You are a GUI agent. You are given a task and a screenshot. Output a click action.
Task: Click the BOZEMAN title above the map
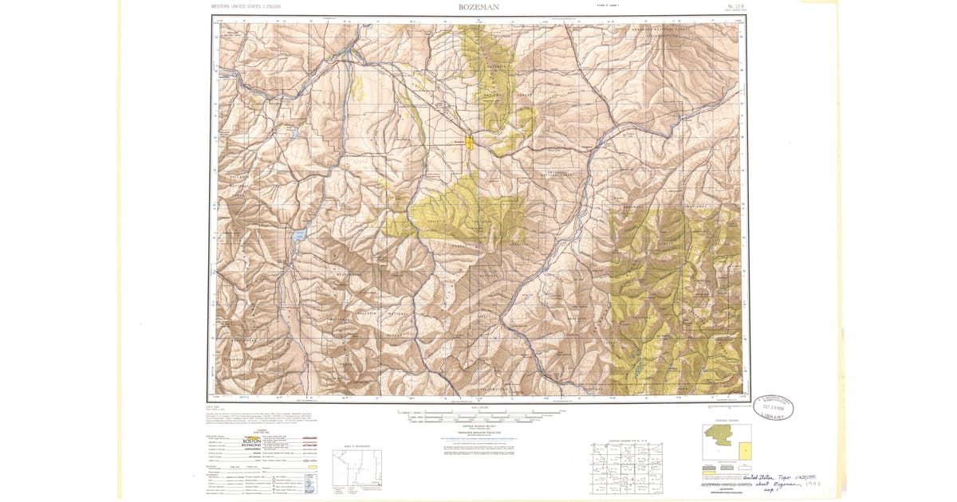pyautogui.click(x=478, y=7)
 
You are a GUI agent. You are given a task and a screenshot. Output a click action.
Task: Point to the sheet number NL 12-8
pyautogui.click(x=735, y=6)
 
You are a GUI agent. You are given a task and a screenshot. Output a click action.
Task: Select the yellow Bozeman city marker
pyautogui.click(x=470, y=143)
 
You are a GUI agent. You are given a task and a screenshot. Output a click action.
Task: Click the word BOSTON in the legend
pyautogui.click(x=254, y=440)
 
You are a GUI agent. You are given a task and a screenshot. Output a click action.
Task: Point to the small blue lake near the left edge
pyautogui.click(x=297, y=236)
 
